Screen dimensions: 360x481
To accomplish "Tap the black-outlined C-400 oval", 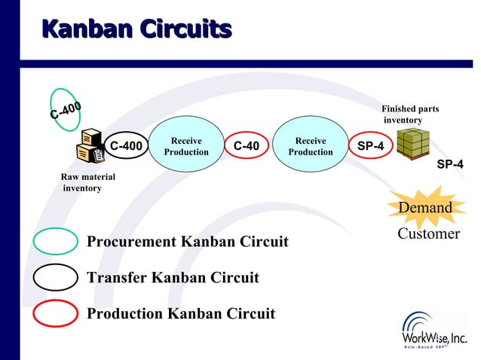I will (x=126, y=146).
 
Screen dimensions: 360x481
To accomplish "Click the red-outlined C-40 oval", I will (x=247, y=146).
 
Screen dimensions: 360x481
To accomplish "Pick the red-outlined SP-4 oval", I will (x=369, y=146).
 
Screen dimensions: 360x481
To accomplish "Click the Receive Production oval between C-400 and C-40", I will (x=186, y=146).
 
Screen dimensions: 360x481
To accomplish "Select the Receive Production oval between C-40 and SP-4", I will (x=311, y=146).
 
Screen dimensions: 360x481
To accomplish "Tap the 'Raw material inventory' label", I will (x=87, y=182).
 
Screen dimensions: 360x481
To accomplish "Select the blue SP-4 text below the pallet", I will (x=450, y=164).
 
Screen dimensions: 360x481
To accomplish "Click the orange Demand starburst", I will (x=425, y=208).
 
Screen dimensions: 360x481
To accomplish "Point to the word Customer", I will (x=428, y=234).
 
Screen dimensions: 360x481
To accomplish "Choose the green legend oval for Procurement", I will (x=56, y=242).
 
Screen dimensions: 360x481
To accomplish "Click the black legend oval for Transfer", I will (x=56, y=278).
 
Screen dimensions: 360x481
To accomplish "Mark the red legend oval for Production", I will (x=56, y=313).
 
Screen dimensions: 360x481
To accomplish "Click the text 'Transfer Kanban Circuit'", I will (x=173, y=278).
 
